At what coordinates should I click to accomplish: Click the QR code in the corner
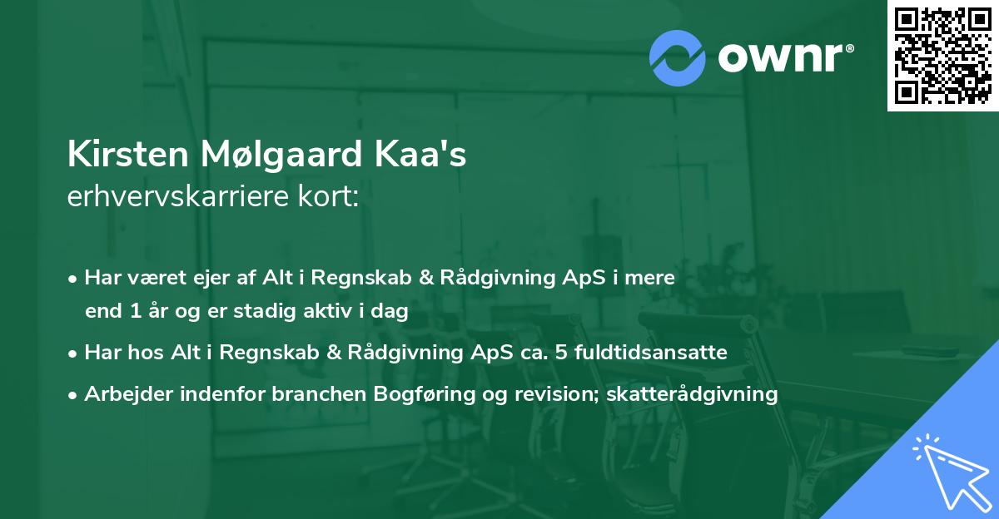coord(942,55)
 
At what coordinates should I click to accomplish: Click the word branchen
coord(315,394)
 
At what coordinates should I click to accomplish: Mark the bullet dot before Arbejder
coord(74,395)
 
